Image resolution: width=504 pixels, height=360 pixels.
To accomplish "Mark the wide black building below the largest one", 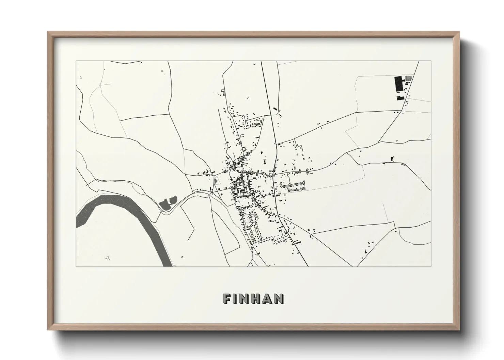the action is [400, 98].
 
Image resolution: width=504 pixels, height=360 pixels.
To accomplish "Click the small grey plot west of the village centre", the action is [216, 180].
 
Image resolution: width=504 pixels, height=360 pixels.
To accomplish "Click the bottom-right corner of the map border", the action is [431, 266].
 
